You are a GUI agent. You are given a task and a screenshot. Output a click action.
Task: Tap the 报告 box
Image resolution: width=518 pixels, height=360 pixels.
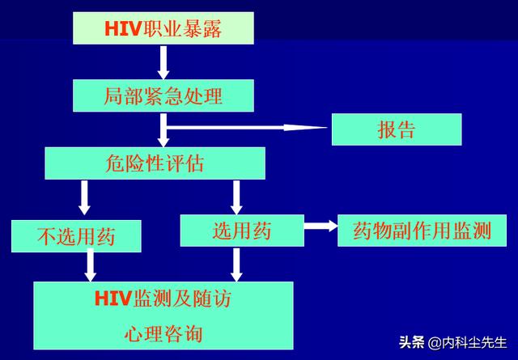point(396,129)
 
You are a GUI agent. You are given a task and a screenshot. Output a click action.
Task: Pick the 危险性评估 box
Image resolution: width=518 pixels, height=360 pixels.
point(155,163)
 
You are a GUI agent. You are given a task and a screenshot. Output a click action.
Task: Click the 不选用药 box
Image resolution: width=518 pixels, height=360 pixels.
point(76,236)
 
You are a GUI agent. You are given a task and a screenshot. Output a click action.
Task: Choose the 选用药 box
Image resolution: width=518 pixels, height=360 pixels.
point(241,230)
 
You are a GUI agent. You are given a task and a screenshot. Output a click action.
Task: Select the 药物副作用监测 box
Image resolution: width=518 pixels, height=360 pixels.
point(422,230)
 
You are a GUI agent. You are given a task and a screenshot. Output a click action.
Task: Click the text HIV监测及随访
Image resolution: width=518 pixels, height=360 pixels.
point(163,299)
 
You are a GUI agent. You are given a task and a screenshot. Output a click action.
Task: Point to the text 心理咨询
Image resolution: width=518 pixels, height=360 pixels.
point(163,332)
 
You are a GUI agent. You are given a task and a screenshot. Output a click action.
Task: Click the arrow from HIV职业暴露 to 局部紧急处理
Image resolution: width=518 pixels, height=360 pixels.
point(163,61)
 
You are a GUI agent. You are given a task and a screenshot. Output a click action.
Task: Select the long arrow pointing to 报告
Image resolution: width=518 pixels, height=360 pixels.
point(243,126)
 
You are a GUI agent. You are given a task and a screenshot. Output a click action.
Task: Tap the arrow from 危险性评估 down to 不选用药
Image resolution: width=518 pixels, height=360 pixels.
point(84,197)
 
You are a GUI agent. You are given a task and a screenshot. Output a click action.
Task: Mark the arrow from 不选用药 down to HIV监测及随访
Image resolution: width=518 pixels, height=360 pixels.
point(90,265)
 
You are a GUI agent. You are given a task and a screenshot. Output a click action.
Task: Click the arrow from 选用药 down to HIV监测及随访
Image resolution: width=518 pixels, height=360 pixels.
point(236,264)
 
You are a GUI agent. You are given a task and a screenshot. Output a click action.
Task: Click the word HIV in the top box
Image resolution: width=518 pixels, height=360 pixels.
point(122,28)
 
